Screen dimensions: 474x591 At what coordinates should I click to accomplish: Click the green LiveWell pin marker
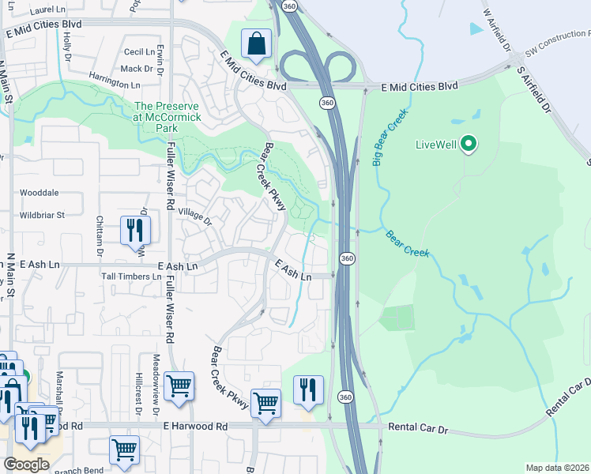[x=469, y=144]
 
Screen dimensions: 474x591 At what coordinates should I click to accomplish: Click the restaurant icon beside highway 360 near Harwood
[x=308, y=389]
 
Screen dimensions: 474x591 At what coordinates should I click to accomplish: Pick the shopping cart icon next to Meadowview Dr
[x=179, y=386]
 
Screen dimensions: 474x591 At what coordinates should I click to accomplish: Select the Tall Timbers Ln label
[x=131, y=276]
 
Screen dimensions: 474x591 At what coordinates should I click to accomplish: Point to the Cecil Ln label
[x=139, y=51]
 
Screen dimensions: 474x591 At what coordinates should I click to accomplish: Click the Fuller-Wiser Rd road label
[x=171, y=182]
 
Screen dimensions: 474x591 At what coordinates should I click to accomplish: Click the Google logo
[x=27, y=465]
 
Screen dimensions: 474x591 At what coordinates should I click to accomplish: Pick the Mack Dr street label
[x=136, y=69]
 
